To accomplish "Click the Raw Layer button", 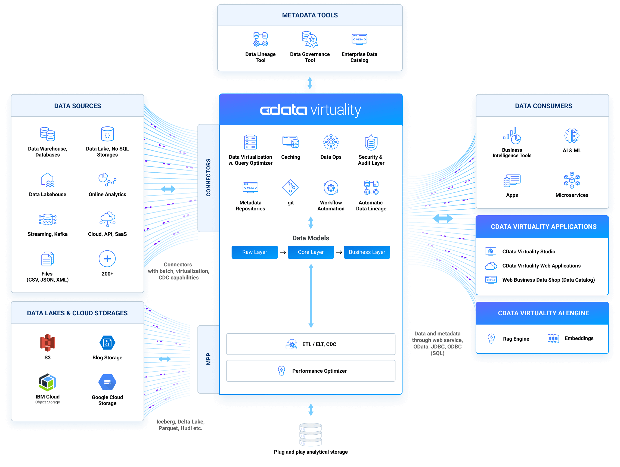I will (254, 252).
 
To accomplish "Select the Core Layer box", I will (311, 252).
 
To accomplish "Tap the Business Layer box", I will (367, 252).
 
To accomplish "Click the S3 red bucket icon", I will (48, 342).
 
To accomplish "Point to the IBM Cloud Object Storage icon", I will (48, 382).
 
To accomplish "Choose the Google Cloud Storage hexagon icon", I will (107, 382).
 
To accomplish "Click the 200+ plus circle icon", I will (107, 259).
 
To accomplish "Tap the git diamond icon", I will (290, 187).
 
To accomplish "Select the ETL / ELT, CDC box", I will (311, 344).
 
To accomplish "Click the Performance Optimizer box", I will (311, 371).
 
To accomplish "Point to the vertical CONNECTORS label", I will (208, 178).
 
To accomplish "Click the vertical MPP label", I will (208, 359).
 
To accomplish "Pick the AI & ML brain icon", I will (572, 136).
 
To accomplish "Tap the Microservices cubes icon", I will (572, 180).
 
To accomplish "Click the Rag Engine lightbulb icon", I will (491, 338).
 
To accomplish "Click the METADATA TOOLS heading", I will (310, 15).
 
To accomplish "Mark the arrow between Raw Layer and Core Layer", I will (283, 252).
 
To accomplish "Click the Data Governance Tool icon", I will (310, 39).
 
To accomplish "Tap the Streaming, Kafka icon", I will (48, 219).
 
